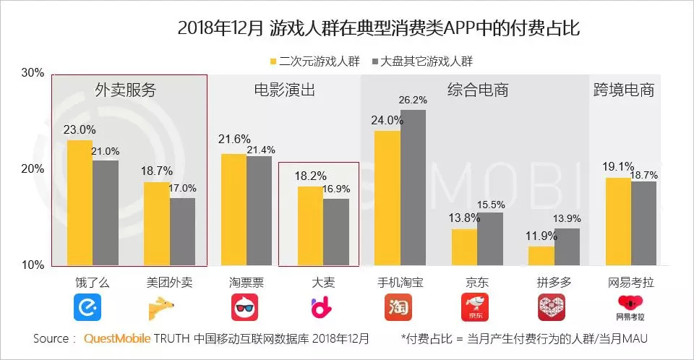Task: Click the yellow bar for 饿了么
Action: [80, 202]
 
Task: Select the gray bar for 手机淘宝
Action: [413, 187]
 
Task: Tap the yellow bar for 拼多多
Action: [541, 256]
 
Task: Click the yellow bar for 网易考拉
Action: [618, 221]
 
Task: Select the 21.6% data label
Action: [234, 139]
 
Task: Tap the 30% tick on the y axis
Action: [33, 73]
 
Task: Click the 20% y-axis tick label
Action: [33, 169]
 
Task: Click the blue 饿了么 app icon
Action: [87, 308]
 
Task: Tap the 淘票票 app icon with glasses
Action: [246, 308]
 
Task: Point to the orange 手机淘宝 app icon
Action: [399, 308]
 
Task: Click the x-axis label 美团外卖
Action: [169, 282]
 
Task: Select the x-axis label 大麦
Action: [323, 282]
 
